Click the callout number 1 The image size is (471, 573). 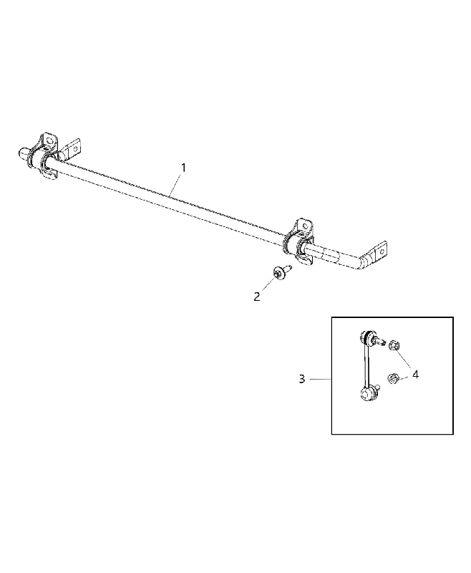[x=184, y=168]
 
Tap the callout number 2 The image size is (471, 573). [x=257, y=297]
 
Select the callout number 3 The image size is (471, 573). [x=301, y=380]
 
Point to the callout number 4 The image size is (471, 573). [x=415, y=374]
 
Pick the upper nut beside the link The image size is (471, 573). [x=394, y=345]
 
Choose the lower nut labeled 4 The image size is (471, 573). [x=393, y=378]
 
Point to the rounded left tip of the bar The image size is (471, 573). [x=23, y=153]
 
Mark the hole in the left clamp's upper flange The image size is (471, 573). [x=51, y=140]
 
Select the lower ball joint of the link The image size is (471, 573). [x=367, y=394]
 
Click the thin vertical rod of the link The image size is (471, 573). [x=365, y=365]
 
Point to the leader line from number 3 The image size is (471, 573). [x=321, y=380]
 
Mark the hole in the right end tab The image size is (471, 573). [x=382, y=251]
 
